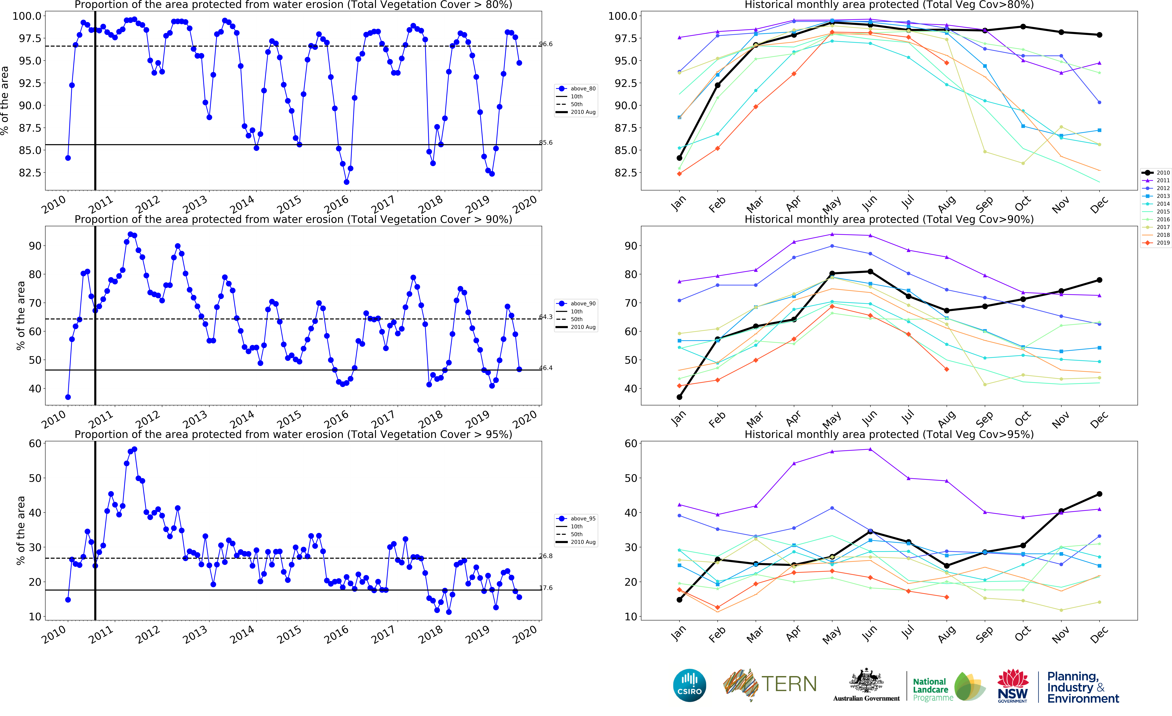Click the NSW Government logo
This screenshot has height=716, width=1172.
[1013, 686]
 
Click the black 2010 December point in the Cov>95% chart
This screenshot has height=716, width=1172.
[1099, 494]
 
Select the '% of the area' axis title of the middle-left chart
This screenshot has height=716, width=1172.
[20, 316]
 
